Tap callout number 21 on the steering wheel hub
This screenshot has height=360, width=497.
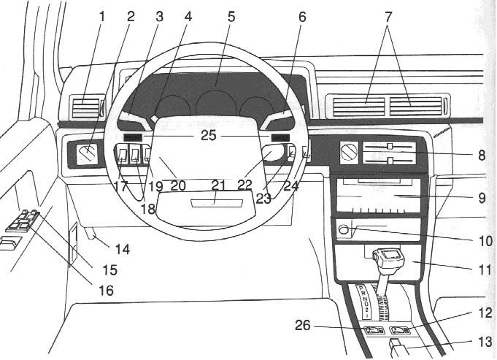point(217,185)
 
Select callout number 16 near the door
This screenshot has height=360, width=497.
point(106,291)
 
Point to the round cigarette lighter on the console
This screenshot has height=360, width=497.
point(343,230)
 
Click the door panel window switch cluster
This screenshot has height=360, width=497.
point(22,221)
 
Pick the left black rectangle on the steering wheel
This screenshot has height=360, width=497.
point(132,136)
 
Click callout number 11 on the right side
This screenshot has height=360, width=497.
point(477,269)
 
